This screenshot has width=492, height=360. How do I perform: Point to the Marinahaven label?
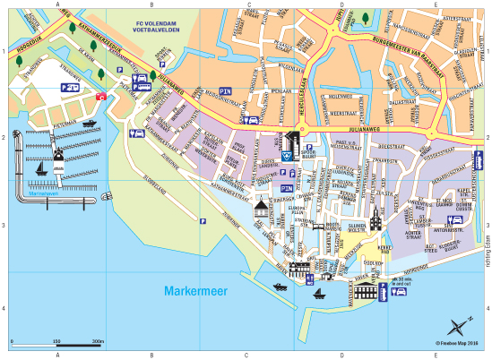pos(42,193)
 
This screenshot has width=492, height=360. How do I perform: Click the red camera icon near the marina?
pos(101,95)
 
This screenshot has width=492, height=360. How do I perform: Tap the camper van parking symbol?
pos(69,87)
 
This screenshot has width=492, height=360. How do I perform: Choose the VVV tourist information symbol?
pos(286,154)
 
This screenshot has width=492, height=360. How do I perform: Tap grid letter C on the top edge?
pos(247,4)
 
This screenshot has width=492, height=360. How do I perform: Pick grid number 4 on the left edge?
pos(4,309)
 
